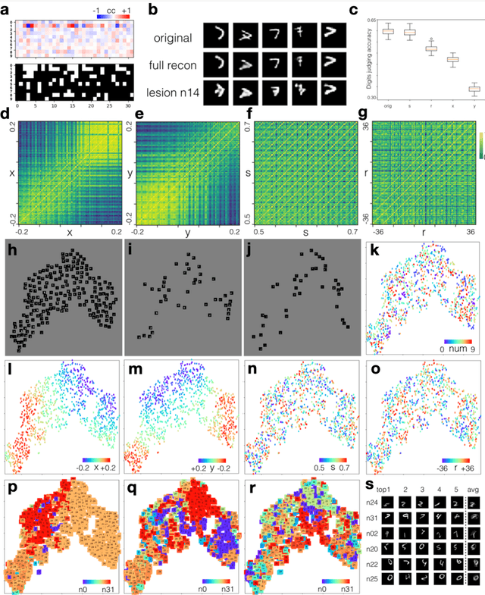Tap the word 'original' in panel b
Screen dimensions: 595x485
tap(173, 37)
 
